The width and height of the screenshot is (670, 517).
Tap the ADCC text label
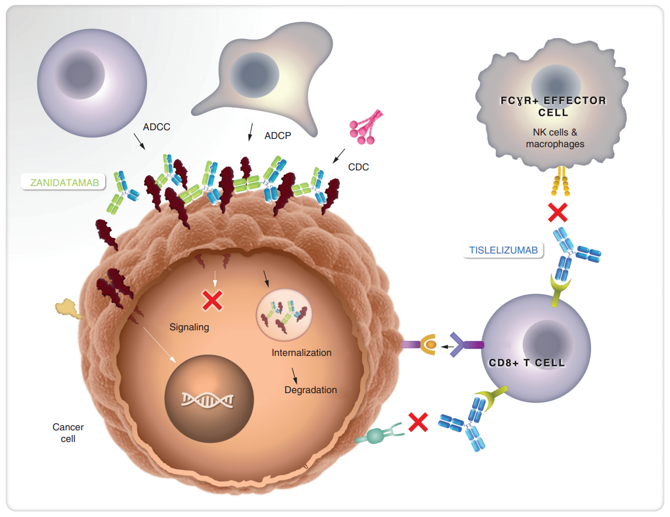(156, 127)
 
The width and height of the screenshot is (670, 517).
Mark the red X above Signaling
(212, 300)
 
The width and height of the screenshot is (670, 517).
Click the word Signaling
(189, 327)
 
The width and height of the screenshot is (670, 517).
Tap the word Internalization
(301, 352)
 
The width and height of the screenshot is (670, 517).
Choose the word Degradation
(311, 390)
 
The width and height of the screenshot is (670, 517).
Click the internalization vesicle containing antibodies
(284, 313)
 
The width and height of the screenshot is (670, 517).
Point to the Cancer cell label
(68, 433)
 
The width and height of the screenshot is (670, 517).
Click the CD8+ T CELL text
(527, 363)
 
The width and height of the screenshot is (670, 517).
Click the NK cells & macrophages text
(555, 138)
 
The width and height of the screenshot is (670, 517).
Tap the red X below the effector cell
(558, 212)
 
